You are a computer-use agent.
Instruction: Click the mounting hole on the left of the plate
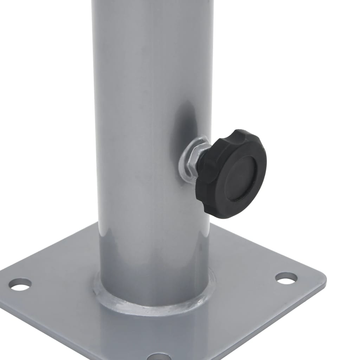click(20, 284)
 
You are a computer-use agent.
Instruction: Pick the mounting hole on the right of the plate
click(286, 278)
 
